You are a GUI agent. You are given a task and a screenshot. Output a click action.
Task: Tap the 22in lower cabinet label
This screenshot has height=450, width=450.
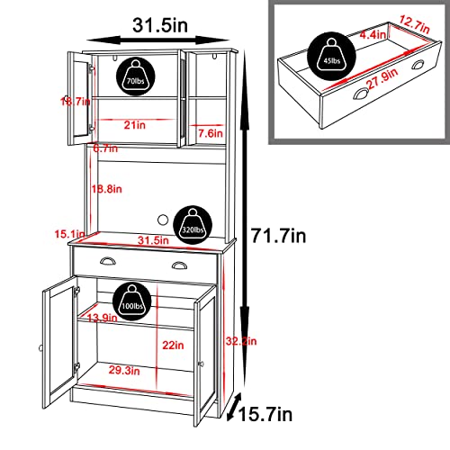173,345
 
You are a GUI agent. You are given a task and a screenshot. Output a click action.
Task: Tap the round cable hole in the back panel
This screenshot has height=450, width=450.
163,219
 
